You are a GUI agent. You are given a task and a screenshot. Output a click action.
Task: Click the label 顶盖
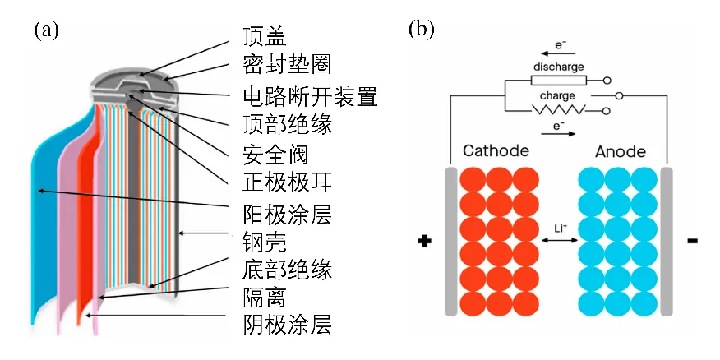point(265,37)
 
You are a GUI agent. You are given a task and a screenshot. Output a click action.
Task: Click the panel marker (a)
point(46,30)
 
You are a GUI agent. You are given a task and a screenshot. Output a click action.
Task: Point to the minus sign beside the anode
point(692,241)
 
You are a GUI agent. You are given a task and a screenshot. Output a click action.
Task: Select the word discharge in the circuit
point(558,67)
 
